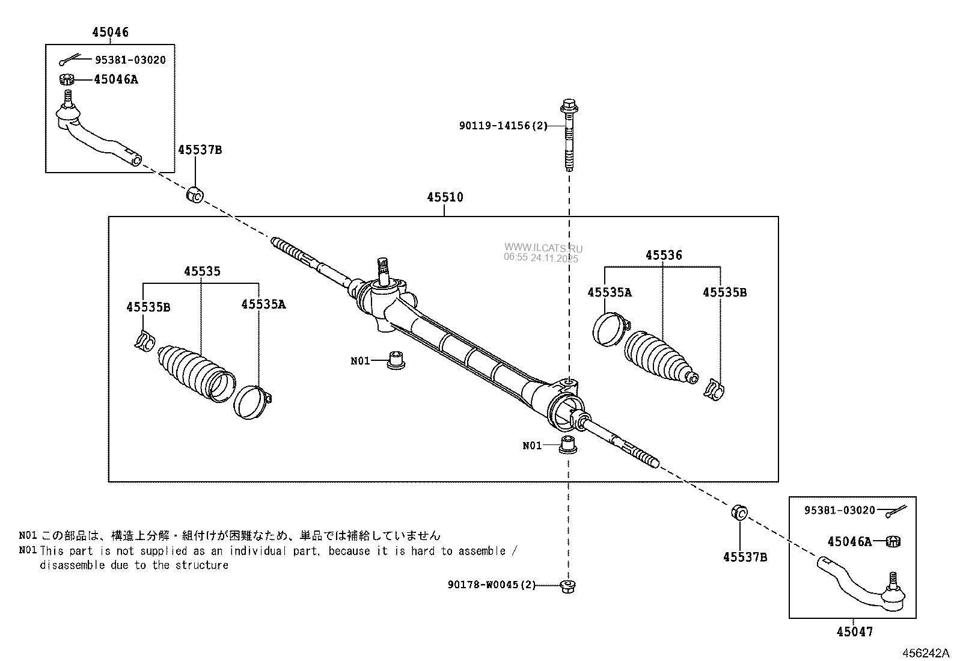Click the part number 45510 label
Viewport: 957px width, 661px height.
pos(445,197)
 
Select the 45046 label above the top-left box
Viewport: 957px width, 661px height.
pos(110,32)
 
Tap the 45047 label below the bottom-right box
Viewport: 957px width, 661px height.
pos(854,632)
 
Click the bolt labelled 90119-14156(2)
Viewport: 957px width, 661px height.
pos(568,135)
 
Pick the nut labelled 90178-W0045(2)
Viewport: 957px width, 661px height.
pos(566,585)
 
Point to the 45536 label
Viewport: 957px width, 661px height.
pos(664,255)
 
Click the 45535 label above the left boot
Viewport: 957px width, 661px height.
pos(201,271)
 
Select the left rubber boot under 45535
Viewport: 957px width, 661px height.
pos(192,370)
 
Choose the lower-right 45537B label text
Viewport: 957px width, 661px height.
pos(745,557)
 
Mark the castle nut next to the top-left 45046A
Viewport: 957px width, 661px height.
pos(67,79)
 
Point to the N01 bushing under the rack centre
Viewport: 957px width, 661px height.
pos(395,359)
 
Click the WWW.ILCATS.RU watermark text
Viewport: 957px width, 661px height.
pos(543,248)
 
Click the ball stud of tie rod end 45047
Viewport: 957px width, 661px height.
pos(893,581)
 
